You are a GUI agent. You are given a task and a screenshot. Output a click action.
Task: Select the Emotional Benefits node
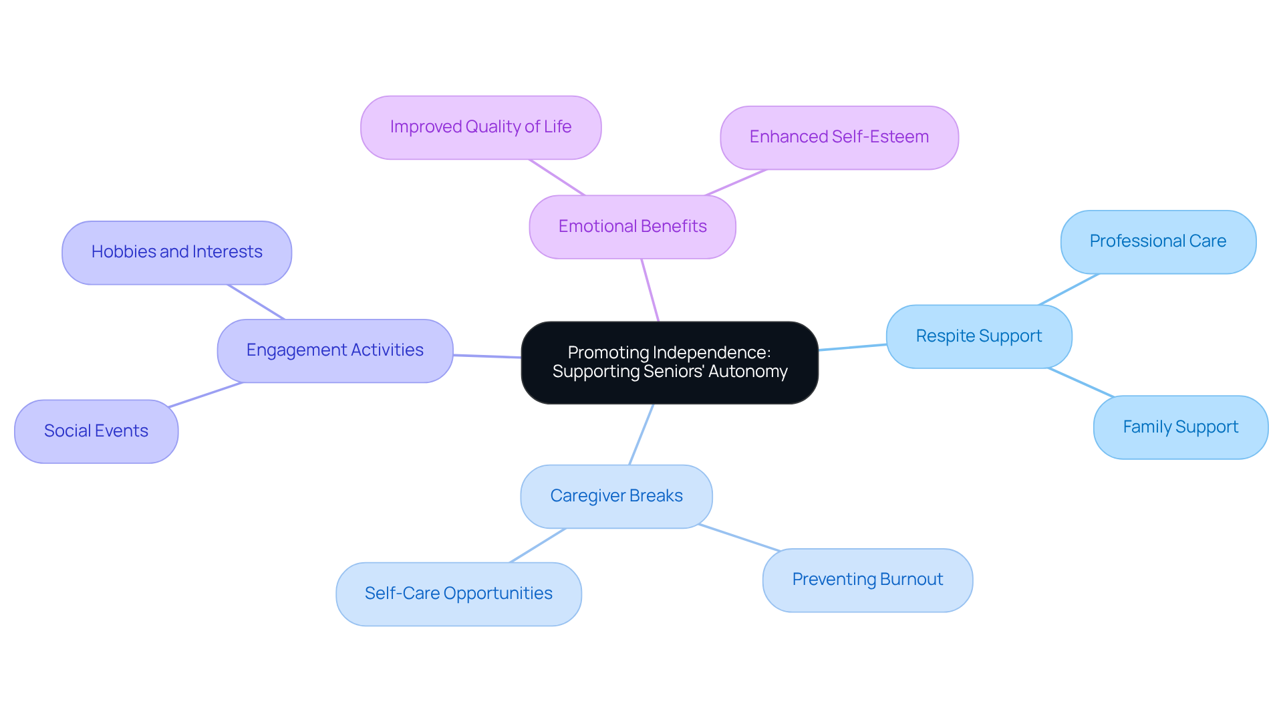point(632,227)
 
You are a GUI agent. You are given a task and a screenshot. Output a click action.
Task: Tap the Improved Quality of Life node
point(480,127)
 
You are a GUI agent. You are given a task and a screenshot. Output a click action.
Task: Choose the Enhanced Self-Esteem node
point(839,137)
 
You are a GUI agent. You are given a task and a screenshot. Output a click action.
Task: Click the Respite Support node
point(978,336)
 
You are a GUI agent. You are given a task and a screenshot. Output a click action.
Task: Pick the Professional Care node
point(1157,241)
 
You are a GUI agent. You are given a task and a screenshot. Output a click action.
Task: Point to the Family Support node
point(1180,427)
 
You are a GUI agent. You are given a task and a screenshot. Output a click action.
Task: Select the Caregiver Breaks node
point(616,496)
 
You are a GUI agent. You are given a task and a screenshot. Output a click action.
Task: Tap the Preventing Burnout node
point(867,580)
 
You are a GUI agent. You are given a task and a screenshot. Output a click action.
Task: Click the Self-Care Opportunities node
point(458,594)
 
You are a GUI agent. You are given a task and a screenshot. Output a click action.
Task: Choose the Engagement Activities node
point(335,350)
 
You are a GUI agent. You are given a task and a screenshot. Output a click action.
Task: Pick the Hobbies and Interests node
point(176,252)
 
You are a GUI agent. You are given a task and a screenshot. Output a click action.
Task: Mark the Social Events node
point(96,431)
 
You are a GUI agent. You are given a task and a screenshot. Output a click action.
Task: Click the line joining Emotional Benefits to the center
point(650,290)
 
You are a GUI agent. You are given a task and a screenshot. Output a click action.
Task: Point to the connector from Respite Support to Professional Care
point(1068,289)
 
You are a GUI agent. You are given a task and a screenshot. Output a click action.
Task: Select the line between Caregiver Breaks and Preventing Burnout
point(739,537)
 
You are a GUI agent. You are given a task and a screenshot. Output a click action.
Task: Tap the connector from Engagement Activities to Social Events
point(205,394)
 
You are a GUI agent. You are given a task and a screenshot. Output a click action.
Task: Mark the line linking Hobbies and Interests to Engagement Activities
point(256,302)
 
